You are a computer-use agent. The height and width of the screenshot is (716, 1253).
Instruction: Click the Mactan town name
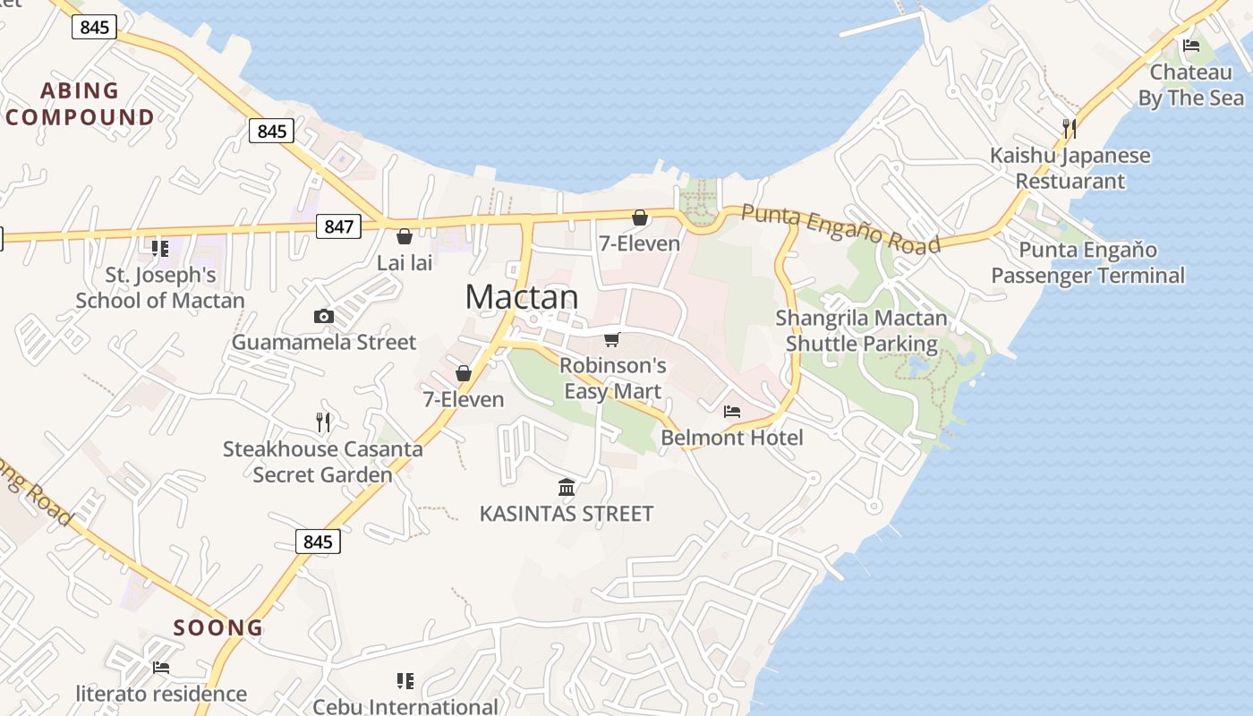tap(522, 297)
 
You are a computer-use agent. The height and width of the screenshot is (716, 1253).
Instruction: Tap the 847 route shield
tap(338, 226)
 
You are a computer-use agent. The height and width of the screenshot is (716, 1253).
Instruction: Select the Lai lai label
tap(405, 263)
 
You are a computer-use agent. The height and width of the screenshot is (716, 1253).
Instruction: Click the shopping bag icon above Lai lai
tap(405, 236)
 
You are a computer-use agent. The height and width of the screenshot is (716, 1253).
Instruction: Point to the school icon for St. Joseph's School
tap(160, 248)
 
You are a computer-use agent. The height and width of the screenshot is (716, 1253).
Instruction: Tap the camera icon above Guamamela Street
tap(324, 316)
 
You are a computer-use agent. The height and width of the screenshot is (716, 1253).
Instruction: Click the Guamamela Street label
tap(324, 342)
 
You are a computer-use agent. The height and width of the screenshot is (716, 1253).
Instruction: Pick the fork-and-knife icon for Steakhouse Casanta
tap(323, 422)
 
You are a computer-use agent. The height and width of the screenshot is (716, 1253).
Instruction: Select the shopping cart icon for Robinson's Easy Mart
tap(612, 339)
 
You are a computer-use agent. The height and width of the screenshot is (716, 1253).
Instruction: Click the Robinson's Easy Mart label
tap(613, 379)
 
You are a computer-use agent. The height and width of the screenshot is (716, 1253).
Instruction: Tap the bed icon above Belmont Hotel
tap(732, 412)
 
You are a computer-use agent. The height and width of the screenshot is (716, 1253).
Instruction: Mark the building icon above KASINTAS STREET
tap(567, 488)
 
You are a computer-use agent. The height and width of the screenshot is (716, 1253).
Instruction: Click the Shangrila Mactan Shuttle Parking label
tap(861, 331)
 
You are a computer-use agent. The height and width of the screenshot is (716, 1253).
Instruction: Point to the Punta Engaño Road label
tap(841, 229)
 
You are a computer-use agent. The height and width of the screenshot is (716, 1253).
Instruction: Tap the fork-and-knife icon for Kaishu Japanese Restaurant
tap(1069, 129)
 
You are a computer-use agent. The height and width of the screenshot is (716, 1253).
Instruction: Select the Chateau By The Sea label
tap(1190, 85)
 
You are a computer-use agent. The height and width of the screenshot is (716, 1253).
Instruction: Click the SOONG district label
tap(218, 627)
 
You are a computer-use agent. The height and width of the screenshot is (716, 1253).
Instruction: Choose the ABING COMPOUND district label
tap(81, 104)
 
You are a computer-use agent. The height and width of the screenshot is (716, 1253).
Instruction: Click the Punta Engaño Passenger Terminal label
tap(1087, 262)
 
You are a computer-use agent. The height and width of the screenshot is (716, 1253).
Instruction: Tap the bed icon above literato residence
tap(161, 668)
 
